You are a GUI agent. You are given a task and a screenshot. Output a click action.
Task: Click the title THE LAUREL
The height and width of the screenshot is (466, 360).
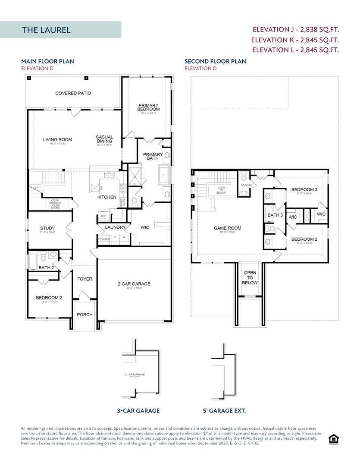(x=46, y=30)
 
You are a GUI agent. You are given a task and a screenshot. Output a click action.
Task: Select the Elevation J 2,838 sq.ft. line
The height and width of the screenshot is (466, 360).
(x=295, y=30)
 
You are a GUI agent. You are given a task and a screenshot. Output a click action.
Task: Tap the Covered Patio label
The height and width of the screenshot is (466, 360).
(x=73, y=93)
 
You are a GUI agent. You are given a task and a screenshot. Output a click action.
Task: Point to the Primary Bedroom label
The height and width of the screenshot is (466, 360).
(x=149, y=107)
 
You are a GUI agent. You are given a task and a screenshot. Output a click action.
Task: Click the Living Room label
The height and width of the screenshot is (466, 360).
(x=57, y=139)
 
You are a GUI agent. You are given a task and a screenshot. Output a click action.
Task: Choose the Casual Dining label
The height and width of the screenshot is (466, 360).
(x=104, y=139)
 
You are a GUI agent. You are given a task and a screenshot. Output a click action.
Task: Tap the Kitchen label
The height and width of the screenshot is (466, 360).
(x=106, y=197)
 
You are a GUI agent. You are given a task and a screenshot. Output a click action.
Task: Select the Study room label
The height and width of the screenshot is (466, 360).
(x=47, y=228)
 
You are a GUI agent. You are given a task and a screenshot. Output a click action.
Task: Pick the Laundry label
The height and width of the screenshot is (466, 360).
(x=115, y=227)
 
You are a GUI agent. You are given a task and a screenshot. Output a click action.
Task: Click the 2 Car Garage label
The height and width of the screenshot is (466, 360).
(x=134, y=284)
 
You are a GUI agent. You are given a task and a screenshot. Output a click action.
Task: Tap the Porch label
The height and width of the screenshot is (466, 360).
(x=85, y=315)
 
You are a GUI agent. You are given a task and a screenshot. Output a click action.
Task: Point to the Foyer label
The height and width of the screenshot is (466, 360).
(x=85, y=279)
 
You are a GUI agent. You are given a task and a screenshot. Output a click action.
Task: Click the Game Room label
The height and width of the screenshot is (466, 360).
(x=228, y=228)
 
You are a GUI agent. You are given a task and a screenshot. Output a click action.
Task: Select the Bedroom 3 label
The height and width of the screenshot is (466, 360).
(x=304, y=189)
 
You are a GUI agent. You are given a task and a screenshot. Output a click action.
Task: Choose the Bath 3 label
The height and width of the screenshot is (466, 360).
(x=275, y=215)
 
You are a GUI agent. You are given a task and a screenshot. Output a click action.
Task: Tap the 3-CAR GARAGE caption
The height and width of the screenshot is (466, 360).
(x=138, y=411)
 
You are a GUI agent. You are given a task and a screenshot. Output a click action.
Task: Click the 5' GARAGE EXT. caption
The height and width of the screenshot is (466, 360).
(x=224, y=411)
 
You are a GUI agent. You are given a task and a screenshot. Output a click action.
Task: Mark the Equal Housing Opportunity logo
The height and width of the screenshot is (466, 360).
(x=333, y=439)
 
